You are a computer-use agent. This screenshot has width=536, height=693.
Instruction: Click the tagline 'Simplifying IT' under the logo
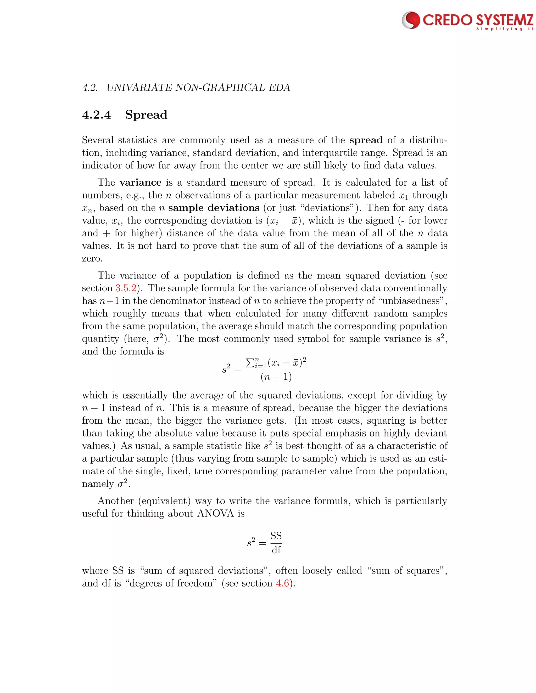[x=505, y=29]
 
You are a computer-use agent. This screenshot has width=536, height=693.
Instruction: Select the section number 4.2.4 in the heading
[x=97, y=115]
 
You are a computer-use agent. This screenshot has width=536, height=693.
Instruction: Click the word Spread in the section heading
[x=146, y=115]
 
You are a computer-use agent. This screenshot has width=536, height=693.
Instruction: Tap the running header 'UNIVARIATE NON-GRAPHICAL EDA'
[x=198, y=88]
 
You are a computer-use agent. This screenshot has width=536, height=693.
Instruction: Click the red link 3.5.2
[x=126, y=288]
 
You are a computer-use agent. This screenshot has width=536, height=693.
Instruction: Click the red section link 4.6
[x=282, y=583]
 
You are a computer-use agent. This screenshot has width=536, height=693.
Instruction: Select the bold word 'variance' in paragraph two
[x=140, y=183]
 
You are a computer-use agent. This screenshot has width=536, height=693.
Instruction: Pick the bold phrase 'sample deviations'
[x=214, y=208]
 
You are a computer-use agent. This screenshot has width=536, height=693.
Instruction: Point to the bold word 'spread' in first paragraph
[x=366, y=140]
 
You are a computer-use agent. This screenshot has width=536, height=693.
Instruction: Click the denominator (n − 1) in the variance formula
[x=276, y=377]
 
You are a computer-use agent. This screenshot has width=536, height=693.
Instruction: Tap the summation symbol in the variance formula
[x=250, y=362]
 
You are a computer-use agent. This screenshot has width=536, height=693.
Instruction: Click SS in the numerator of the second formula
[x=276, y=536]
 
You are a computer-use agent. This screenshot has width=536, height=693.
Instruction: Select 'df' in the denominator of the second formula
[x=276, y=550]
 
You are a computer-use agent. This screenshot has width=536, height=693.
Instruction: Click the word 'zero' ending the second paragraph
[x=92, y=259]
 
